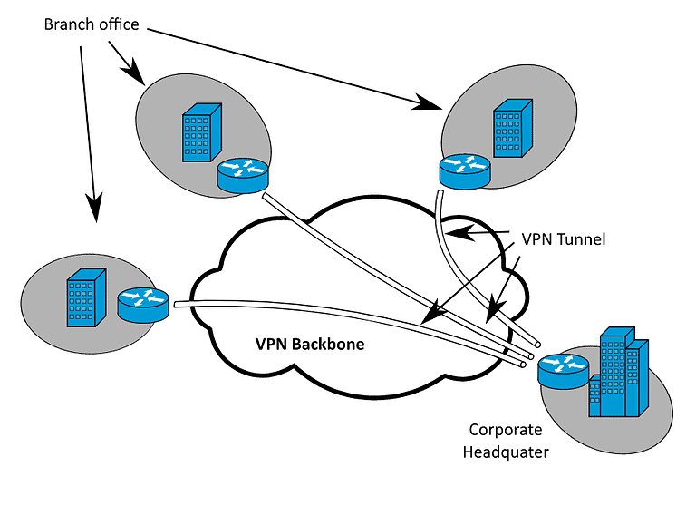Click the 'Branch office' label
[92, 24]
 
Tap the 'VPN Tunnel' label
[563, 240]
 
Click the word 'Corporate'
[505, 429]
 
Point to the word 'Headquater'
[506, 452]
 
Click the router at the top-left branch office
[243, 173]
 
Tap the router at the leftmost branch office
[143, 303]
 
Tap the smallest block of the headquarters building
[594, 398]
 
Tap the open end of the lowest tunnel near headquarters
[524, 364]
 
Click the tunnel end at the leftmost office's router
[176, 306]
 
